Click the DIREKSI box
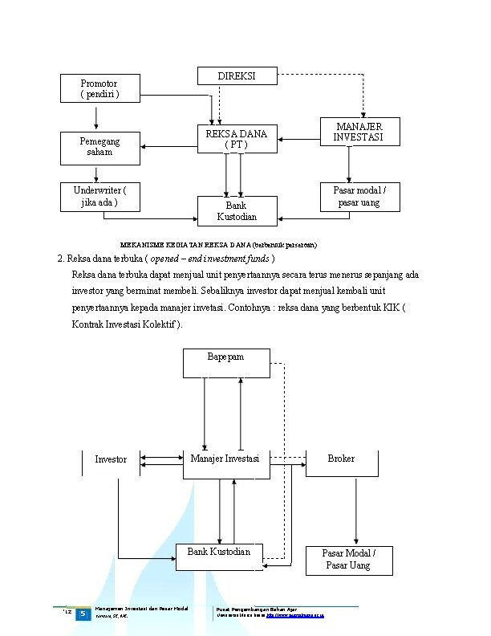point(237,76)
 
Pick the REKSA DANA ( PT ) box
point(237,139)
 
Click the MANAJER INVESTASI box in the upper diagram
point(359,132)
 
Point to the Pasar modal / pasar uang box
point(359,197)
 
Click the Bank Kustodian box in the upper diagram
point(237,211)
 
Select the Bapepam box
point(225,363)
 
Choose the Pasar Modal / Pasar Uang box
point(347,560)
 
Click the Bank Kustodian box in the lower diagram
point(219,556)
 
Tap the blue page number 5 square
point(83,615)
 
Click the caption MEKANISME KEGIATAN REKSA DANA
point(218,243)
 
